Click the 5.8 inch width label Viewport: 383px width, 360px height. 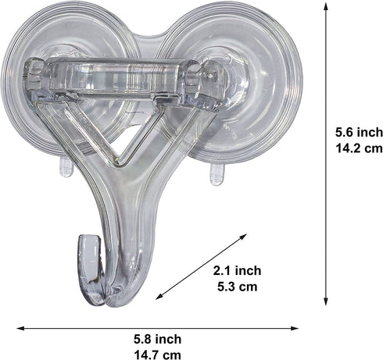[x=156, y=339]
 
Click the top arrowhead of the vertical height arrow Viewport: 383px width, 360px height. [x=326, y=5]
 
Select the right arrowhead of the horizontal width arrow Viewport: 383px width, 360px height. [x=302, y=328]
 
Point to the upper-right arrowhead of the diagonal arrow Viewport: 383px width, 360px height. [x=247, y=236]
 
